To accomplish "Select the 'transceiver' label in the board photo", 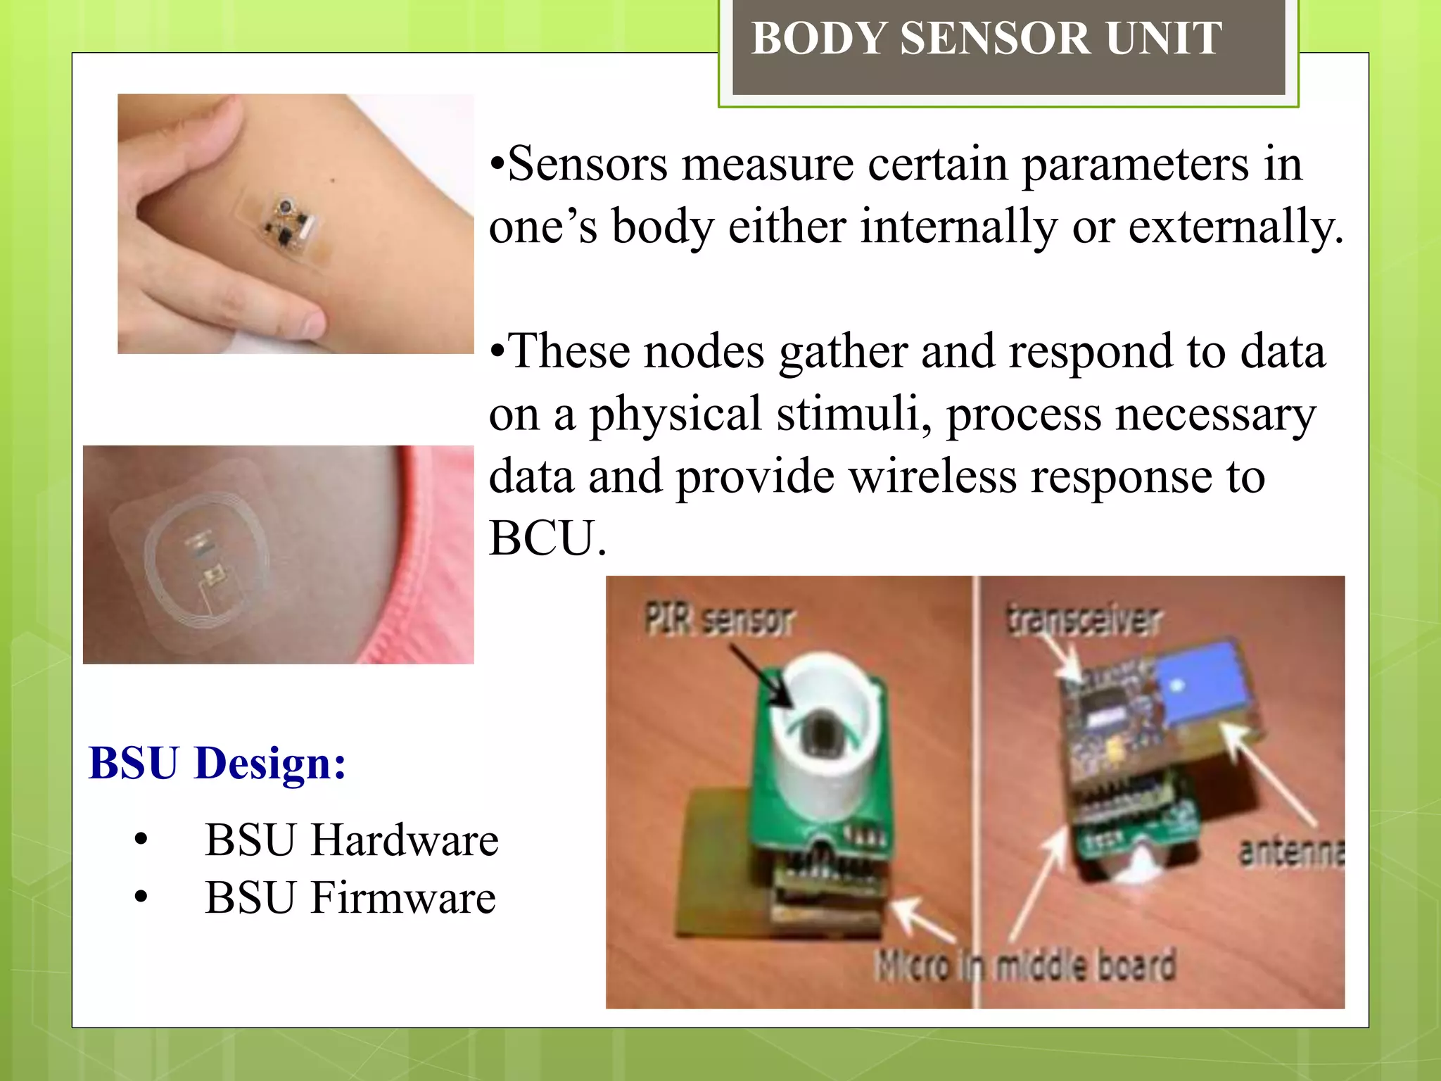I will (1084, 619).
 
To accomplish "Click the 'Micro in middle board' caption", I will (1026, 966).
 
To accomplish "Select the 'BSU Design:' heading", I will (217, 763).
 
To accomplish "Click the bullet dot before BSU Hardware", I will (141, 840).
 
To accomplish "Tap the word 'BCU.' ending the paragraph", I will (547, 538).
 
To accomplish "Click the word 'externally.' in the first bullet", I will (1236, 227).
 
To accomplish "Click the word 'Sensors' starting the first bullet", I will (587, 164).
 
